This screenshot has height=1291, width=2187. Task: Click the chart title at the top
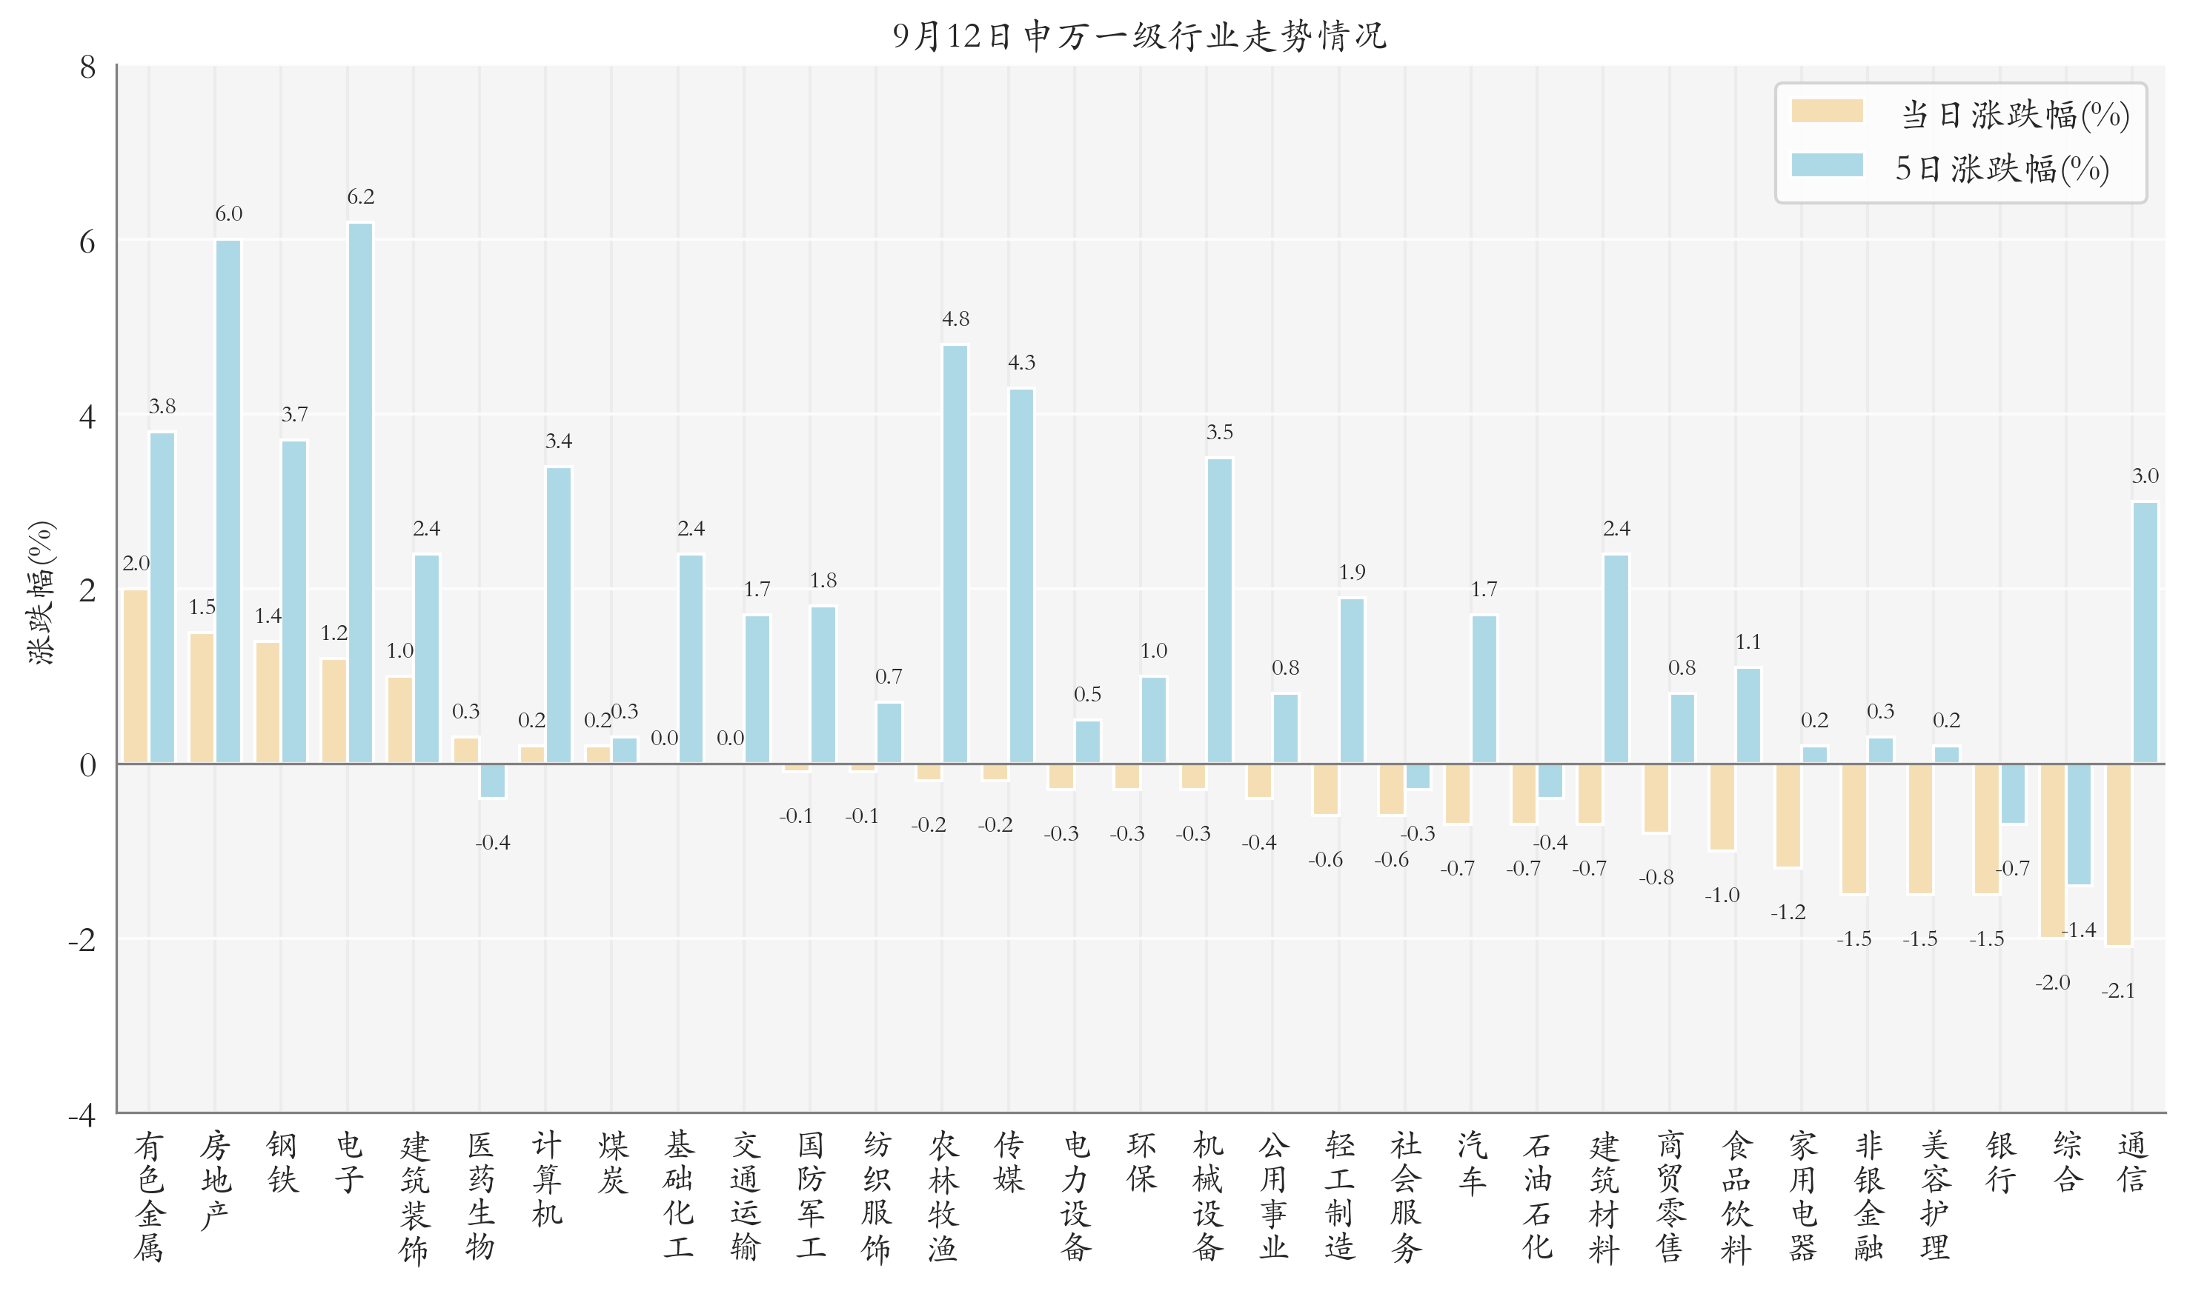[1139, 36]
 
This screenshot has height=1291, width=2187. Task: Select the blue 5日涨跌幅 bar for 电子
[360, 493]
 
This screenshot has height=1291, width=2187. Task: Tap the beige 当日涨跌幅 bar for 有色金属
[136, 677]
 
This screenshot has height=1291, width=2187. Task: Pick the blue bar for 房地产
[228, 502]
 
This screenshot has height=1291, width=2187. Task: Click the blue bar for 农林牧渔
[955, 554]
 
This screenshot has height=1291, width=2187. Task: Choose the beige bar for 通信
[2118, 854]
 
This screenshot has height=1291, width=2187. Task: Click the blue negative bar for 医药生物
[493, 781]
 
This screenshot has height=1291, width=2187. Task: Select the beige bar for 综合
[2052, 850]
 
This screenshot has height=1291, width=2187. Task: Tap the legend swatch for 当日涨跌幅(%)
[1827, 111]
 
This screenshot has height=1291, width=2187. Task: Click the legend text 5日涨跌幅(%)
[2002, 169]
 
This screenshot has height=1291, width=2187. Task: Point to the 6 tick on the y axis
[87, 242]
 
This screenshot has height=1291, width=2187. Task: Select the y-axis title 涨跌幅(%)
[41, 593]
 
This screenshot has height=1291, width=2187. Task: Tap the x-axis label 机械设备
[1207, 1195]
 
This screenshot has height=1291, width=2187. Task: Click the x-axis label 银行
[2000, 1162]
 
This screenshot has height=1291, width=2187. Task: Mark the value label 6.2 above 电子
[360, 196]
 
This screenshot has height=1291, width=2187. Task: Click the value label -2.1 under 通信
[2118, 991]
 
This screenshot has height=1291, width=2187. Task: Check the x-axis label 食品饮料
[1736, 1195]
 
